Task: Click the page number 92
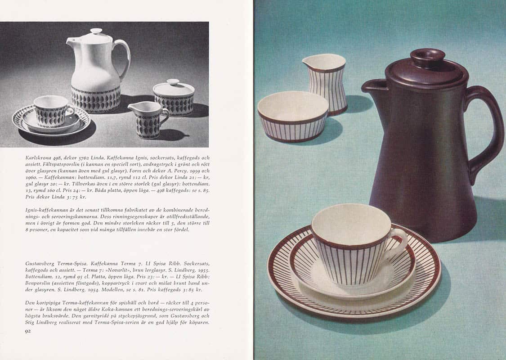(28, 331)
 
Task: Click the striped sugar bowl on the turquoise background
(293, 117)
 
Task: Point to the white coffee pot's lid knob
(96, 31)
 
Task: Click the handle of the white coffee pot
(124, 58)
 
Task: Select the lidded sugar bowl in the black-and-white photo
(174, 98)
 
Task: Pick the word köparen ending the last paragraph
(199, 323)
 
